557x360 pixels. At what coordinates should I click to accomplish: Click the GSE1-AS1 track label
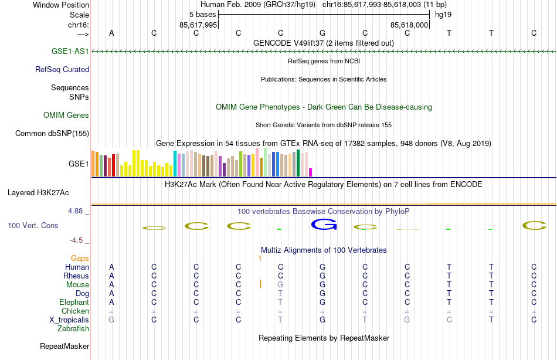[x=70, y=51]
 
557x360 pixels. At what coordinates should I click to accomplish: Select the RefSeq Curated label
[x=62, y=69]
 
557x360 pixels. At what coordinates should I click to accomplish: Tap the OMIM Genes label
[x=66, y=115]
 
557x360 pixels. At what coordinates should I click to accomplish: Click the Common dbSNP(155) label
[x=52, y=133]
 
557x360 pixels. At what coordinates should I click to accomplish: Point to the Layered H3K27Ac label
[x=38, y=192]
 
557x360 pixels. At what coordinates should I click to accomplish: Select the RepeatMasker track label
[x=64, y=346]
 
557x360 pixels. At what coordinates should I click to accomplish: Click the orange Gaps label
[x=80, y=258]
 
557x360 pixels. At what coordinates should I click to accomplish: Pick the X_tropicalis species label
[x=69, y=320]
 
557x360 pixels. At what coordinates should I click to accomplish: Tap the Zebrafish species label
[x=73, y=328]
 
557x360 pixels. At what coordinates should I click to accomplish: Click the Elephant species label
[x=74, y=302]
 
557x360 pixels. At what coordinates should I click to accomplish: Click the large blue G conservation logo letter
[x=322, y=224]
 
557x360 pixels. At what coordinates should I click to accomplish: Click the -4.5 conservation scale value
[x=79, y=240]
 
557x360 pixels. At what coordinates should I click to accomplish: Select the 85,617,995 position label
[x=198, y=25]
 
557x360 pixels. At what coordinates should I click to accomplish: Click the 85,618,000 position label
[x=410, y=25]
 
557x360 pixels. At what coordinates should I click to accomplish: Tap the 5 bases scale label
[x=202, y=14]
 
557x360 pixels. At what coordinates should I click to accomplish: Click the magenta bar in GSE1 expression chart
[x=311, y=172]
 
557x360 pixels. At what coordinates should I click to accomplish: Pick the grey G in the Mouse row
[x=280, y=284]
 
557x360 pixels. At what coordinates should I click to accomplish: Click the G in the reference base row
[x=322, y=33]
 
